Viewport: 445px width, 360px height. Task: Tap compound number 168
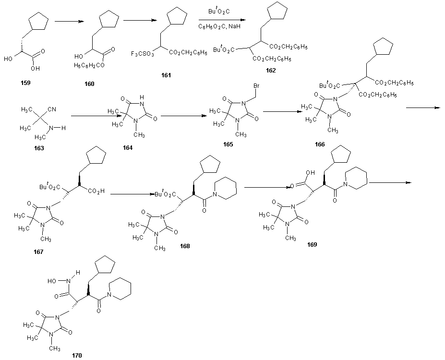185,246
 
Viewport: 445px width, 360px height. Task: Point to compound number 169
312,244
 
